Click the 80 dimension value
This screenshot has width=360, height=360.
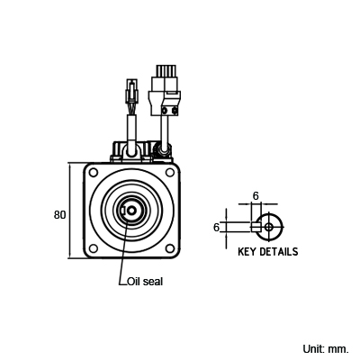pyautogui.click(x=59, y=215)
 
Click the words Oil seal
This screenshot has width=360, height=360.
pyautogui.click(x=145, y=282)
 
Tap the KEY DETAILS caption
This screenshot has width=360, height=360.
pyautogui.click(x=268, y=251)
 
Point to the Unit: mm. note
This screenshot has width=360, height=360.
pyautogui.click(x=326, y=349)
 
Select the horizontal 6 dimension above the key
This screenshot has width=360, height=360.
pyautogui.click(x=256, y=196)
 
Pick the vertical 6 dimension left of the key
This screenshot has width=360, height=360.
pyautogui.click(x=216, y=228)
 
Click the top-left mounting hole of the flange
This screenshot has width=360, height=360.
pyautogui.click(x=94, y=173)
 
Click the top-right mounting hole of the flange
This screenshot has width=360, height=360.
pyautogui.click(x=170, y=172)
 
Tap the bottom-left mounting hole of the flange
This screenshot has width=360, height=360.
pyautogui.click(x=94, y=248)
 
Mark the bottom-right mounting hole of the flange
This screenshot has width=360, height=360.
pyautogui.click(x=170, y=248)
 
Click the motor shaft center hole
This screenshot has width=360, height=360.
pyautogui.click(x=130, y=211)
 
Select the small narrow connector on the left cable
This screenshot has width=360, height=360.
pyautogui.click(x=132, y=91)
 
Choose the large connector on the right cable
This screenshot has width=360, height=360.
pyautogui.click(x=165, y=91)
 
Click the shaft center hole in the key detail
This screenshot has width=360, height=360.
pyautogui.click(x=269, y=227)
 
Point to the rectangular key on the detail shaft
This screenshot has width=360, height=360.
pyautogui.click(x=256, y=227)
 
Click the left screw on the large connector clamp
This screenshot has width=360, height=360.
pyautogui.click(x=165, y=112)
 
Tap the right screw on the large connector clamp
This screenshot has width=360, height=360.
pyautogui.click(x=175, y=112)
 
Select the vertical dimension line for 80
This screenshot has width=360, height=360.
pyautogui.click(x=69, y=210)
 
